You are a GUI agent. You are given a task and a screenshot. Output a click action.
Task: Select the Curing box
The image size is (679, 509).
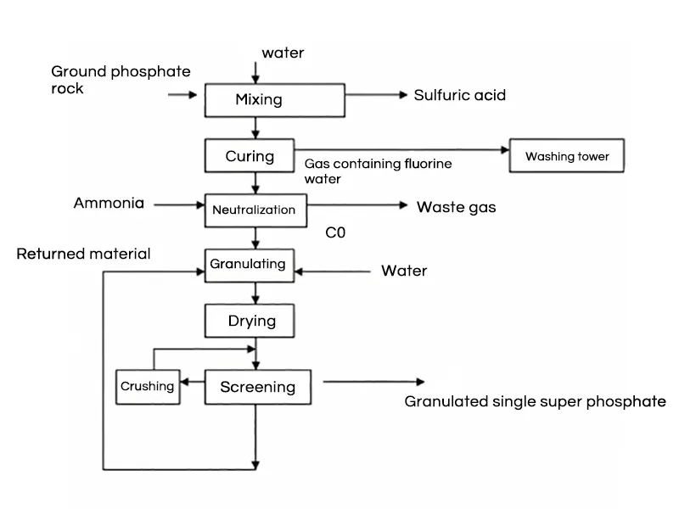[x=250, y=156]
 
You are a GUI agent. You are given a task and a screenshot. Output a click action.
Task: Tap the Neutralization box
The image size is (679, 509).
[x=254, y=210]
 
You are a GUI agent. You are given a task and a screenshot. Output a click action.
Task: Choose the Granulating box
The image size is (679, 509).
[x=248, y=264]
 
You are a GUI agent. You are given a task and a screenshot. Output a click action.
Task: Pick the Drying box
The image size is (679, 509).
[x=252, y=321]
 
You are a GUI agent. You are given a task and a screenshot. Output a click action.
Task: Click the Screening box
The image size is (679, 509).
[x=257, y=387]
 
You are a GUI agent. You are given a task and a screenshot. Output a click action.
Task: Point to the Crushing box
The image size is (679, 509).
[x=148, y=387]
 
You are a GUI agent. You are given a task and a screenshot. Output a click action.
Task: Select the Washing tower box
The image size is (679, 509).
[x=567, y=157]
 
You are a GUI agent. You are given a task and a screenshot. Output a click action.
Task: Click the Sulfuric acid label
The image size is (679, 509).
[x=459, y=95]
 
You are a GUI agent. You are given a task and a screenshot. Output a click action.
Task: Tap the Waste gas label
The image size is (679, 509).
[x=456, y=207]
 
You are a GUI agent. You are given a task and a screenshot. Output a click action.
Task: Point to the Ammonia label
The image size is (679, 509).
[x=109, y=204]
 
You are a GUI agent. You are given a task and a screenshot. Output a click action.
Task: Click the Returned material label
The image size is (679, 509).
[x=84, y=254]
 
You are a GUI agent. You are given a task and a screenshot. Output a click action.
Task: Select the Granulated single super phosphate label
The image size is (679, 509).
[x=535, y=401]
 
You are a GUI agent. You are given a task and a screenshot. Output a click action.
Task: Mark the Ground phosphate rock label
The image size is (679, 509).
[x=121, y=80]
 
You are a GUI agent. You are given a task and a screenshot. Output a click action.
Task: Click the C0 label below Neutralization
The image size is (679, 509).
[x=335, y=231]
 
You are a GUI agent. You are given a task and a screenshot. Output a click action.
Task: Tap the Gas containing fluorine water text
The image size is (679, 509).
[x=378, y=171]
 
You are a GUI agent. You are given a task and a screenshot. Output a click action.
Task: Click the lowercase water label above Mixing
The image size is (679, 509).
[x=283, y=53]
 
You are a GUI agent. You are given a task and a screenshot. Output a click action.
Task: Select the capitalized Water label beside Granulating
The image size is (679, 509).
[x=404, y=271]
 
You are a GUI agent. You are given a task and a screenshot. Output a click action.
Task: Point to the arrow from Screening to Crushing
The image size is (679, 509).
[x=193, y=383]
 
